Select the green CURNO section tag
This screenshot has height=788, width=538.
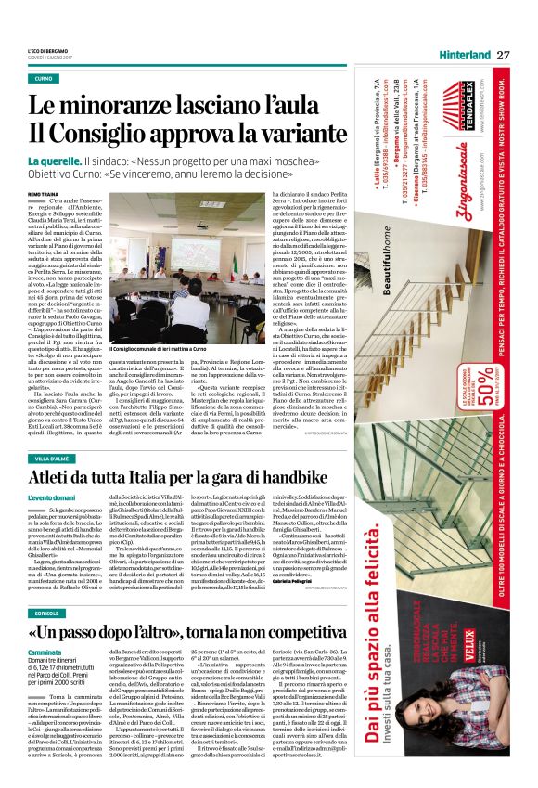click(44, 79)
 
